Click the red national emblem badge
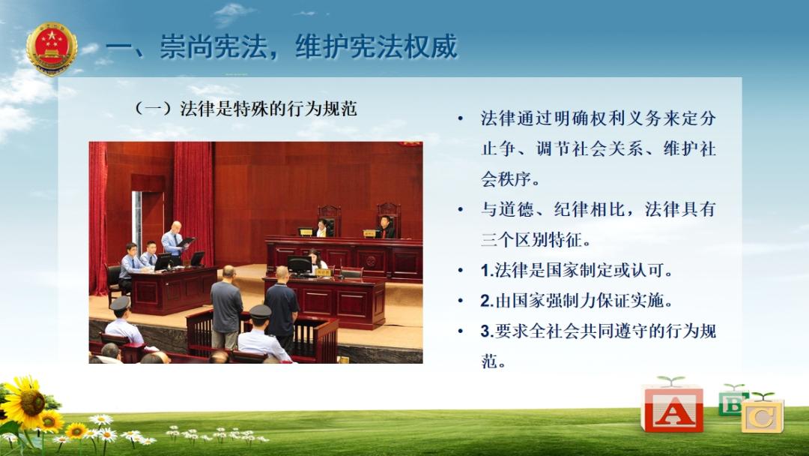pyautogui.click(x=52, y=49)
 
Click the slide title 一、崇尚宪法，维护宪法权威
pyautogui.click(x=282, y=46)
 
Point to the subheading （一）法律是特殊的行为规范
pyautogui.click(x=245, y=109)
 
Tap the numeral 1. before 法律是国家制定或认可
pyautogui.click(x=487, y=270)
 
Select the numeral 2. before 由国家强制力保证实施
pyautogui.click(x=487, y=301)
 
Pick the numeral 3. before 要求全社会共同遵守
pyautogui.click(x=487, y=331)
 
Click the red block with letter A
pyautogui.click(x=672, y=408)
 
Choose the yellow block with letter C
pyautogui.click(x=763, y=415)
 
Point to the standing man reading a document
pyautogui.click(x=175, y=243)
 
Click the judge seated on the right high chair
pyautogui.click(x=385, y=227)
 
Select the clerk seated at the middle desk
pyautogui.click(x=316, y=261)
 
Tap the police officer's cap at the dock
pyautogui.click(x=261, y=311)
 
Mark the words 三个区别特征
pyautogui.click(x=536, y=239)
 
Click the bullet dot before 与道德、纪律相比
pyautogui.click(x=460, y=210)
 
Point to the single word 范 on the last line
pyautogui.click(x=490, y=361)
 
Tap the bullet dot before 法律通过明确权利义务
pyautogui.click(x=460, y=119)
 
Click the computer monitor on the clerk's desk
pyautogui.click(x=300, y=265)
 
